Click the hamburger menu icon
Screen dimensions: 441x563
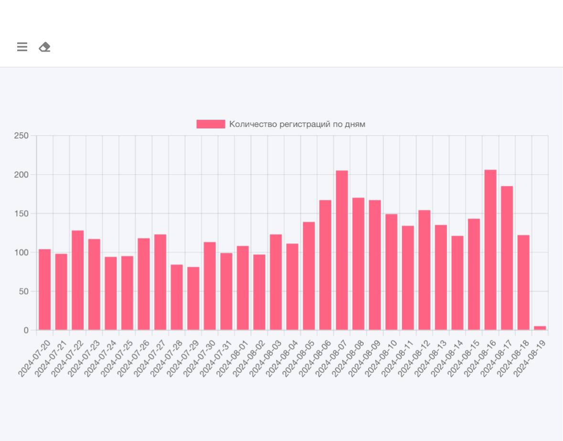click(x=22, y=47)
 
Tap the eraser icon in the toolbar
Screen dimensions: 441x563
click(x=44, y=47)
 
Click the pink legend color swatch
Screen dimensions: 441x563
click(x=211, y=124)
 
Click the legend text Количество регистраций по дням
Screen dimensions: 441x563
click(x=297, y=124)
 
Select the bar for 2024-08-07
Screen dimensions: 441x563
click(x=342, y=250)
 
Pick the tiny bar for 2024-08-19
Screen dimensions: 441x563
click(x=540, y=328)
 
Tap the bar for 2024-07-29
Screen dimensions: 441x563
click(x=193, y=298)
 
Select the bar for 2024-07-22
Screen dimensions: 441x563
click(x=78, y=280)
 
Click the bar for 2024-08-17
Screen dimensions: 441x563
click(x=507, y=258)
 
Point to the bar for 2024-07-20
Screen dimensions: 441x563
click(x=45, y=289)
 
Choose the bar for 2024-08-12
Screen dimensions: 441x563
click(x=425, y=270)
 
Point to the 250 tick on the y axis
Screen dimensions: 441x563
click(x=22, y=136)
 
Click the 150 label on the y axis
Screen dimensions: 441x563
click(x=22, y=214)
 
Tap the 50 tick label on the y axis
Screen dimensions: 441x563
click(x=24, y=292)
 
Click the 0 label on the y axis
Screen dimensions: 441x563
click(x=26, y=330)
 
